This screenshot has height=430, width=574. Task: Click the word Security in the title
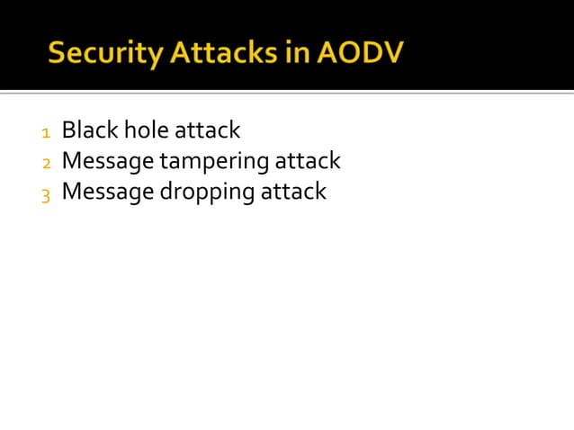tap(100, 53)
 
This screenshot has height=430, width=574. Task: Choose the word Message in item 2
tap(108, 162)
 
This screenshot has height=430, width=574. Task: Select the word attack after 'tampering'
tap(308, 161)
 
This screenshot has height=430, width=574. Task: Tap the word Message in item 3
tap(108, 193)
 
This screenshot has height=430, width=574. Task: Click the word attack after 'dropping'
tap(293, 192)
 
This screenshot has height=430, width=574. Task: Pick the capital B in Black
tap(68, 130)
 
